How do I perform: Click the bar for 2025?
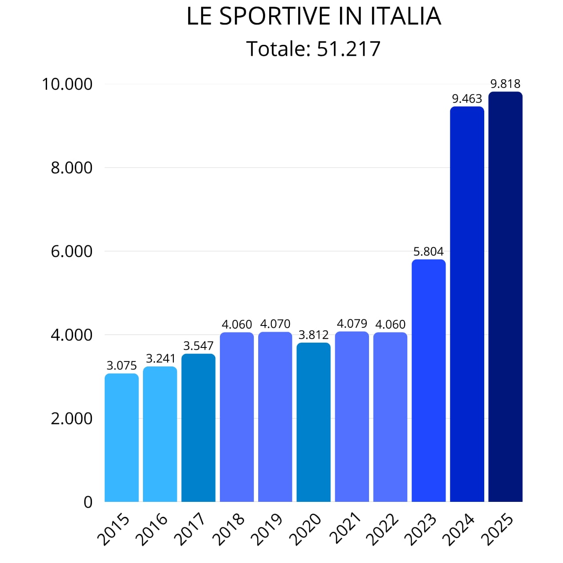[x=505, y=297]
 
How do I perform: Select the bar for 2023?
[x=428, y=380]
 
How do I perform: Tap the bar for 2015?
[x=121, y=438]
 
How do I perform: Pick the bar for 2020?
[x=313, y=422]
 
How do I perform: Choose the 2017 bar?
[x=198, y=428]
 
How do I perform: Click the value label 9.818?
[x=505, y=84]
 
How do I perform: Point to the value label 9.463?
[x=467, y=99]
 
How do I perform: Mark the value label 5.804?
[x=428, y=252]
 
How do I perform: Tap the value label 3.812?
[x=313, y=335]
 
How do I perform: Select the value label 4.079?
[x=352, y=324]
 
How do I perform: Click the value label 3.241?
[x=161, y=358]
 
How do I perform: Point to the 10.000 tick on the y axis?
[x=67, y=84]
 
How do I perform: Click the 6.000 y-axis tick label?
[x=72, y=251]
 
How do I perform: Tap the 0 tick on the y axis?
[x=88, y=502]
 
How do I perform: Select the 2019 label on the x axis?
[x=267, y=529]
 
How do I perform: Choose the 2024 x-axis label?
[x=459, y=529]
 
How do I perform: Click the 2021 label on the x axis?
[x=344, y=529]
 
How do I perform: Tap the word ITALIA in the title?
[x=405, y=17]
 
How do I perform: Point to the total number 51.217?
[x=348, y=49]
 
